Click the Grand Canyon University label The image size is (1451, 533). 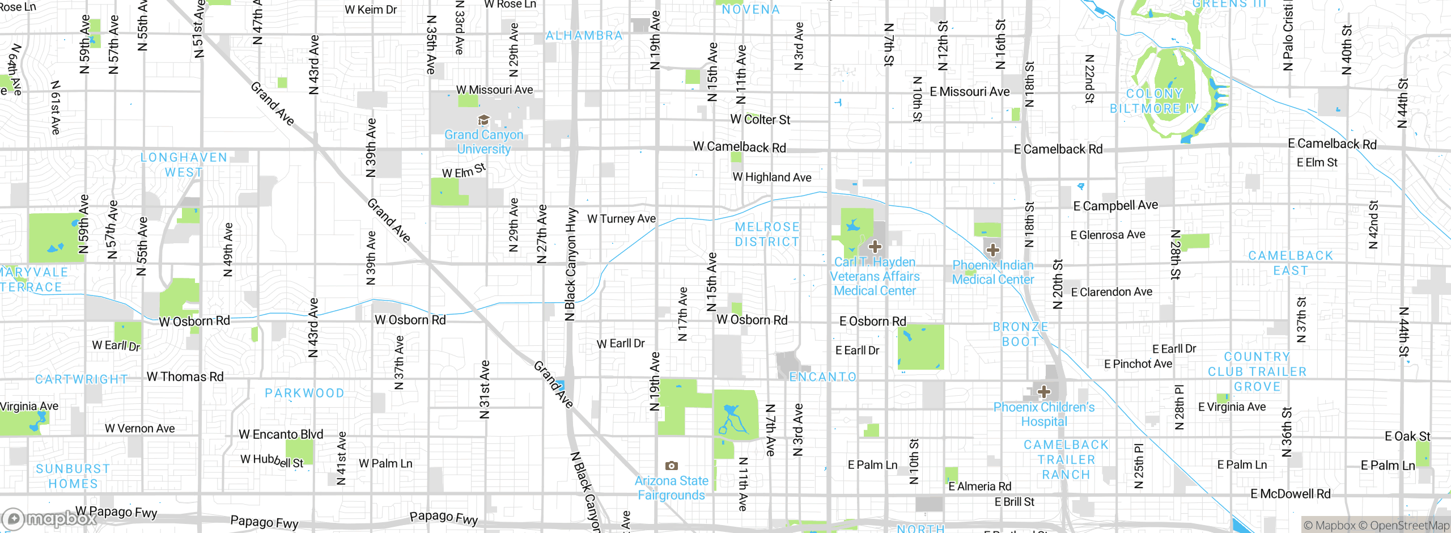click(483, 142)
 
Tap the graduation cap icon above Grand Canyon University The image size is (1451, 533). click(483, 120)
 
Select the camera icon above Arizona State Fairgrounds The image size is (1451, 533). click(671, 466)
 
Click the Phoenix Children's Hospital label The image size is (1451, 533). click(1043, 414)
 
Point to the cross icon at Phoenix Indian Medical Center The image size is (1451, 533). click(992, 250)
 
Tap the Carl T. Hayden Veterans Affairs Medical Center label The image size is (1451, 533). click(875, 276)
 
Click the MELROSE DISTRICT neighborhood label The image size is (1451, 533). click(767, 234)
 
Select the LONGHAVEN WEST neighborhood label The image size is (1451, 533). click(184, 164)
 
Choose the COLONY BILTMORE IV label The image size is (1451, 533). click(1154, 101)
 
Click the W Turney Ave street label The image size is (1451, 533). click(621, 219)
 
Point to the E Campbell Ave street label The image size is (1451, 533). click(1115, 206)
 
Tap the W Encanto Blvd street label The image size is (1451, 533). click(281, 434)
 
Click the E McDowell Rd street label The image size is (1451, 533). click(1290, 494)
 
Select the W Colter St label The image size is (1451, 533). click(760, 120)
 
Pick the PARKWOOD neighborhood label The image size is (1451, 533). click(304, 393)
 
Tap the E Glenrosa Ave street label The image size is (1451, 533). click(1108, 235)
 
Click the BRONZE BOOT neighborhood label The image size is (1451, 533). click(1020, 334)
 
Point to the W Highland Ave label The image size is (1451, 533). click(771, 177)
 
